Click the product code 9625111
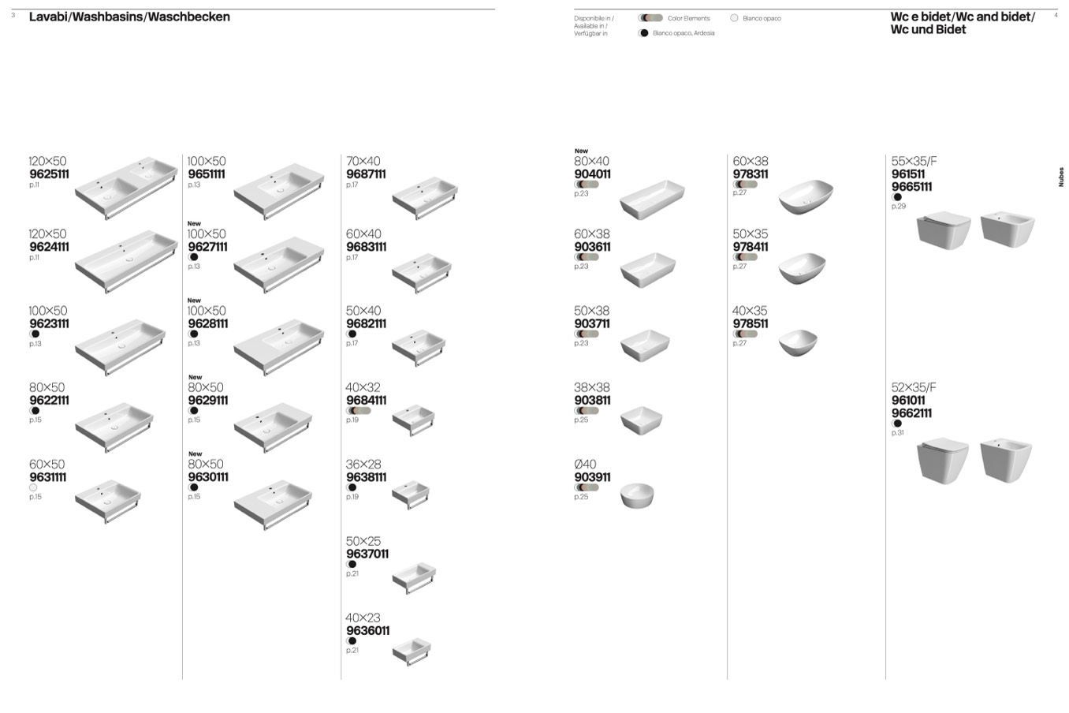coord(49,174)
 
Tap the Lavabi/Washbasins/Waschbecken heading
coord(129,17)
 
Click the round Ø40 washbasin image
coord(637,495)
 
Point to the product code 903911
coord(592,477)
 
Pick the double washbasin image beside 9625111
coord(126,188)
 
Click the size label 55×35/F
coord(914,161)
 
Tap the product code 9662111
coord(911,413)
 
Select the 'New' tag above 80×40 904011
coord(581,151)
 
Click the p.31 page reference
coord(897,433)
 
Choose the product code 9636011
coord(367,631)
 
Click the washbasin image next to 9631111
coord(108,501)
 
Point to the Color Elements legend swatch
coord(650,18)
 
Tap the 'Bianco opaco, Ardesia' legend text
coord(683,33)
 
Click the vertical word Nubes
coord(1060,177)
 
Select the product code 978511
coord(750,323)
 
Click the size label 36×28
coord(363,465)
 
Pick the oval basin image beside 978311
coord(805,196)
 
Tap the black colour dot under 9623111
coord(35,334)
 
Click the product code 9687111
coord(366,174)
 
